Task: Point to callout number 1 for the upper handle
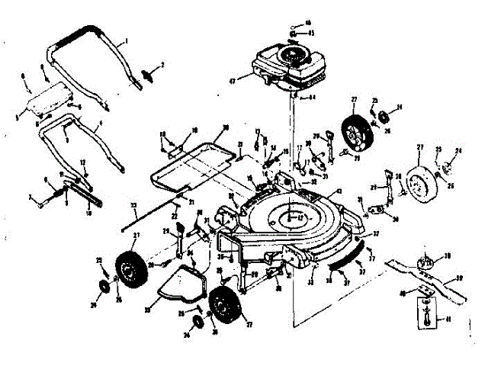click(x=127, y=40)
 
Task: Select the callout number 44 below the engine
click(x=312, y=98)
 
